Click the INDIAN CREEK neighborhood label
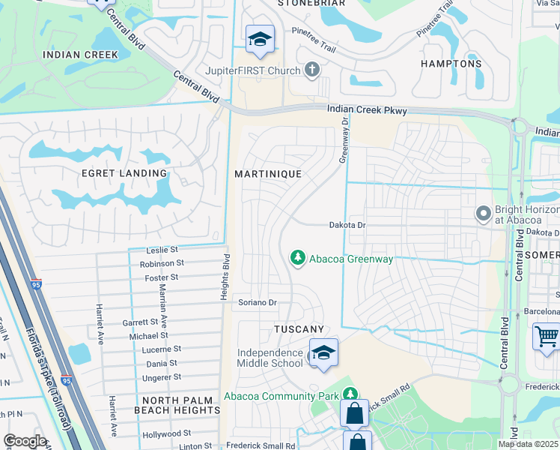(80, 55)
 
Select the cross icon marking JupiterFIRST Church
(311, 70)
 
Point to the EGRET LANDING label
(124, 173)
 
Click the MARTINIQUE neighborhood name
(268, 173)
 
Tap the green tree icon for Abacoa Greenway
(298, 258)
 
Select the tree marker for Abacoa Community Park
(350, 394)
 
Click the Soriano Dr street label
(258, 303)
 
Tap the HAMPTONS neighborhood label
(451, 64)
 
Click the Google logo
(25, 441)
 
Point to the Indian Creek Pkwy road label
(367, 110)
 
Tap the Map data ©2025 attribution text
(527, 444)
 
